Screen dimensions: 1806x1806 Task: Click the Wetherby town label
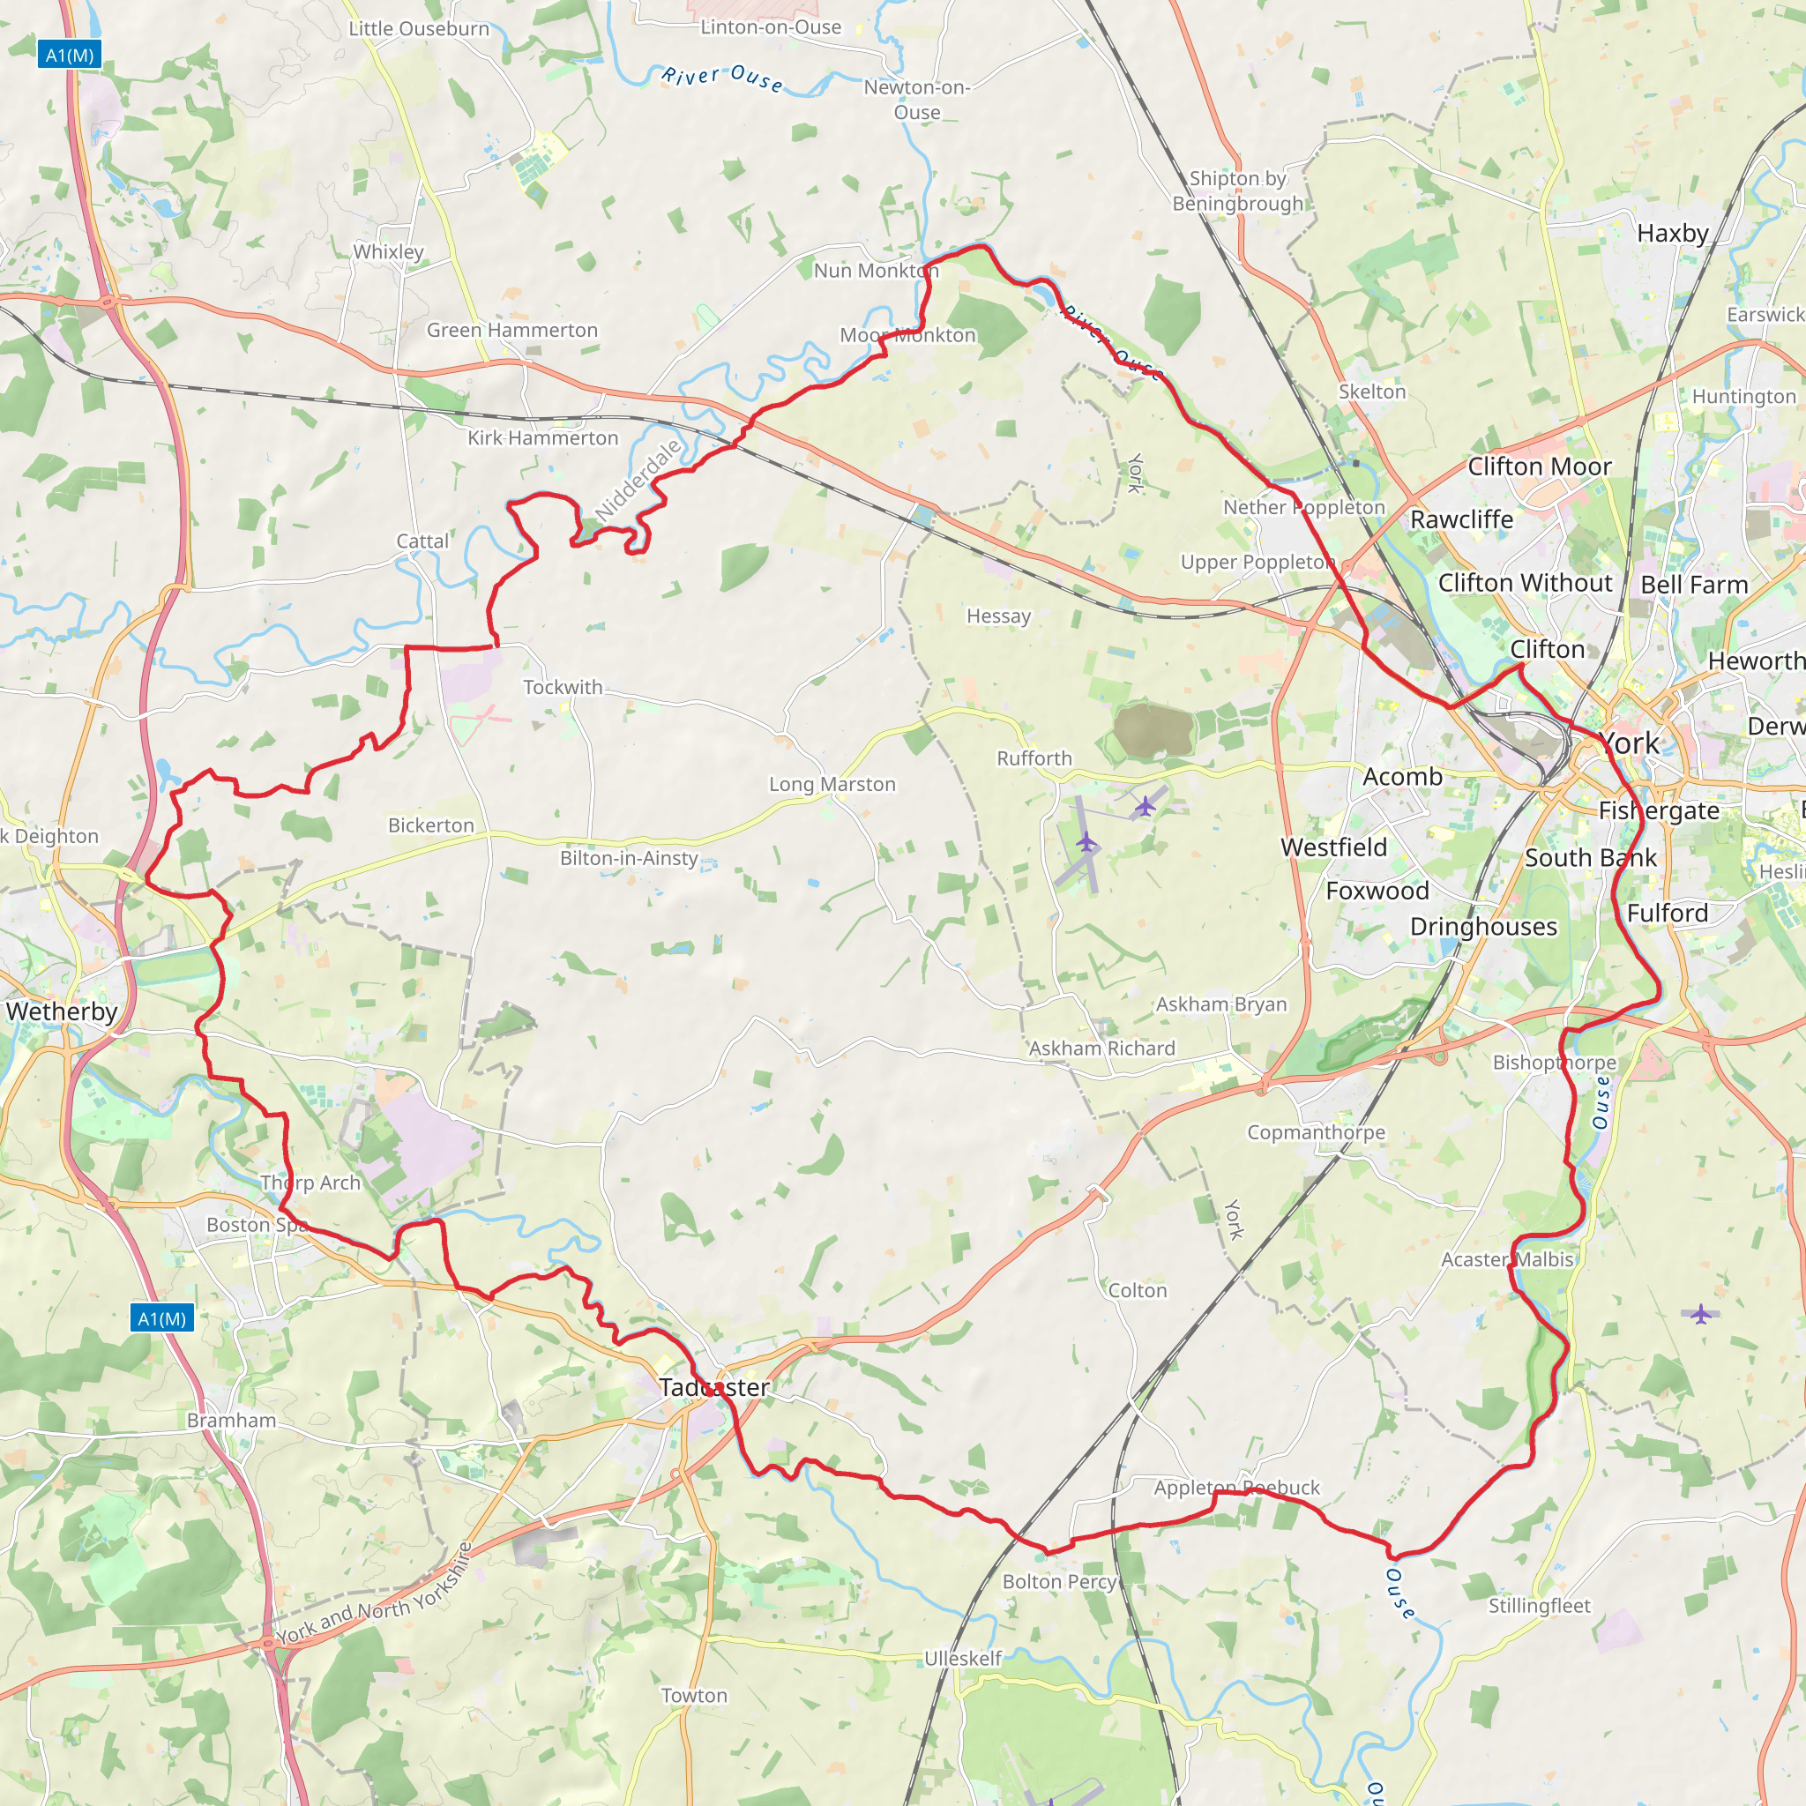(x=62, y=1011)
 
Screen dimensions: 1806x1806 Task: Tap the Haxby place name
(x=1672, y=233)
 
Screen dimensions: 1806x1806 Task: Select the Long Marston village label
(x=832, y=784)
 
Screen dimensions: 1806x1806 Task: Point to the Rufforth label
(x=1034, y=758)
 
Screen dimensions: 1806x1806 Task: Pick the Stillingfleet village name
(x=1539, y=1606)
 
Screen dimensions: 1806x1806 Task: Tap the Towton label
(x=694, y=1696)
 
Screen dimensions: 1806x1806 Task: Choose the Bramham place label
(x=231, y=1421)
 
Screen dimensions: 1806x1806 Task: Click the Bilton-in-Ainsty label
(x=629, y=858)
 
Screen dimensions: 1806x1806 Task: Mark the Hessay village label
(x=998, y=616)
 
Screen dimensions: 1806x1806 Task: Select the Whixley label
(x=388, y=251)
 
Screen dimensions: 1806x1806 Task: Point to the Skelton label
(x=1371, y=392)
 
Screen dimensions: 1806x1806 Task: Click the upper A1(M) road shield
(x=69, y=56)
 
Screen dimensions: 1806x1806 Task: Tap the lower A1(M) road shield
(x=161, y=1319)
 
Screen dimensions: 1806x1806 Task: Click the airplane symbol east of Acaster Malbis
(x=1700, y=1314)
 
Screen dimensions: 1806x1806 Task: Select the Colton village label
(x=1137, y=1291)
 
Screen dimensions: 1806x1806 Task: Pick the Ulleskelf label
(x=962, y=1659)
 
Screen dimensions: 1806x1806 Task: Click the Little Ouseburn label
(x=419, y=29)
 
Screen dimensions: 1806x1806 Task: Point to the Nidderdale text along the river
(x=638, y=481)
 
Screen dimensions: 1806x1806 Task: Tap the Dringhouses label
(x=1483, y=927)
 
